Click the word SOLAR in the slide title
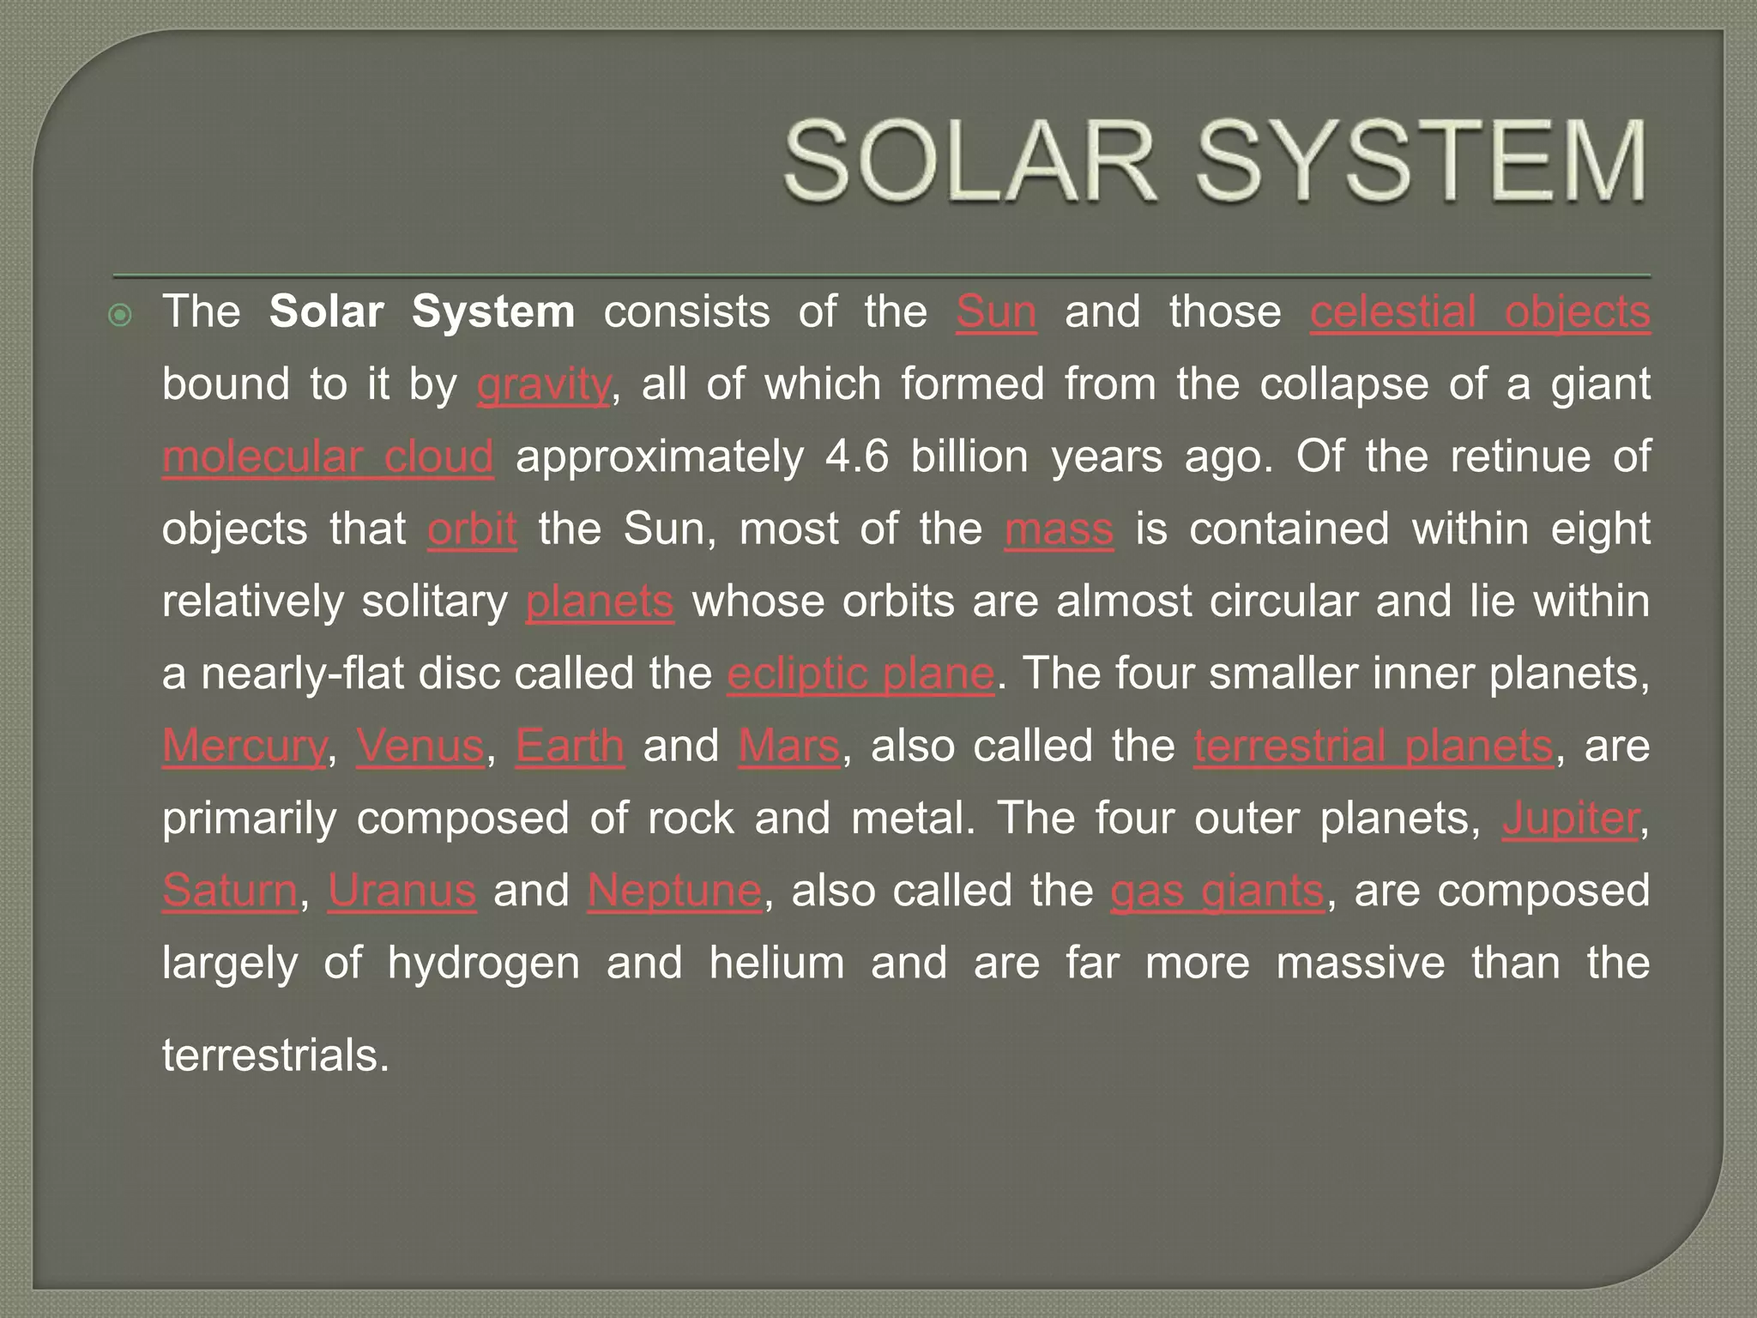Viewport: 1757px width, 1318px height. coord(969,162)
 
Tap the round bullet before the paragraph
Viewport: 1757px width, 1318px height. coord(121,316)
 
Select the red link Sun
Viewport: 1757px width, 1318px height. coord(996,311)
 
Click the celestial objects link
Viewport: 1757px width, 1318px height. coord(1480,311)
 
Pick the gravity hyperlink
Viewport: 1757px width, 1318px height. coord(544,384)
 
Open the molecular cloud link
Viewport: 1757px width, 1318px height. coord(328,456)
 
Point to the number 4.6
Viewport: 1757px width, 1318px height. coord(857,456)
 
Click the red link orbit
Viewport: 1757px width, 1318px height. coord(472,529)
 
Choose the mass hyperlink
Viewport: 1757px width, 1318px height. coord(1059,529)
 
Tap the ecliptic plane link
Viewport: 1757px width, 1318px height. coord(860,674)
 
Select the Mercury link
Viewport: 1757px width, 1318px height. coord(245,746)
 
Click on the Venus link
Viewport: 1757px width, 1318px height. coord(420,746)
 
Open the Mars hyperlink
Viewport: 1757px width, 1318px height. coord(789,746)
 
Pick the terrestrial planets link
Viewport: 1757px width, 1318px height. coord(1373,746)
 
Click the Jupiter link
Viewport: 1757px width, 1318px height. coord(1571,819)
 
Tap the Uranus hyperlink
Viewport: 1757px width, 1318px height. coord(402,891)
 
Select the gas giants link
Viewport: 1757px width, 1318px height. coord(1217,891)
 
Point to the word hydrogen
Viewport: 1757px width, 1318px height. coord(483,964)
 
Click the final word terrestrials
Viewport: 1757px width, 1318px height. coord(275,1055)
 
